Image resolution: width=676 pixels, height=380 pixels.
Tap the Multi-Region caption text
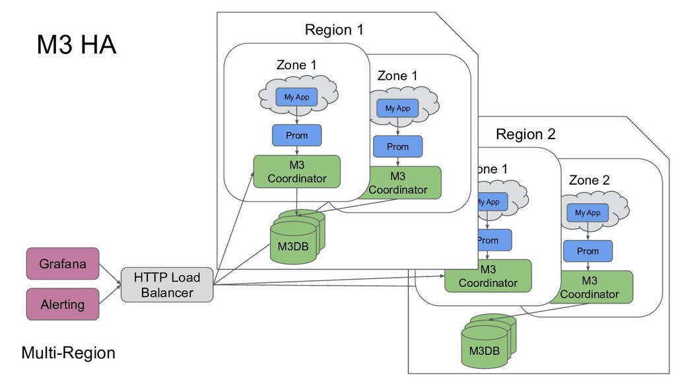point(68,353)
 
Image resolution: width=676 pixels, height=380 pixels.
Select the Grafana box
point(62,264)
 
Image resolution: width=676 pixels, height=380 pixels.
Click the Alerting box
point(62,304)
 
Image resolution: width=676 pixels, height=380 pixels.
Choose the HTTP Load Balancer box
point(167,285)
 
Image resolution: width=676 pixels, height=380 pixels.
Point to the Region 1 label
point(333,30)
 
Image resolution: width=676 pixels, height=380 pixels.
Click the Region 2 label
point(525,135)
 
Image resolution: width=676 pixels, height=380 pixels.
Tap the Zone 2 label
point(589,180)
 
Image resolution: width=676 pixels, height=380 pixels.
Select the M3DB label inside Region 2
point(484,350)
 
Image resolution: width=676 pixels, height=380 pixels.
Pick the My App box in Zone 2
point(588,213)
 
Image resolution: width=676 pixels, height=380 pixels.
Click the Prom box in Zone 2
point(588,251)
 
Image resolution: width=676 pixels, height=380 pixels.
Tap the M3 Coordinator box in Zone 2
point(590,287)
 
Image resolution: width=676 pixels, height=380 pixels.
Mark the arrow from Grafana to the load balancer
point(110,275)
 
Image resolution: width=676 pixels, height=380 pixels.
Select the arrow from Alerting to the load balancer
point(110,295)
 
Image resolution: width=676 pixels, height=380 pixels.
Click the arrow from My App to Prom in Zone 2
point(588,232)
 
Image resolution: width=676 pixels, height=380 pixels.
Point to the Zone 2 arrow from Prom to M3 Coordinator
point(588,267)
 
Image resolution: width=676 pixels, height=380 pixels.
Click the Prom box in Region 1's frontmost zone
point(296,135)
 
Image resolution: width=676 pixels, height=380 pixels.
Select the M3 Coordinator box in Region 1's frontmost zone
point(296,172)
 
